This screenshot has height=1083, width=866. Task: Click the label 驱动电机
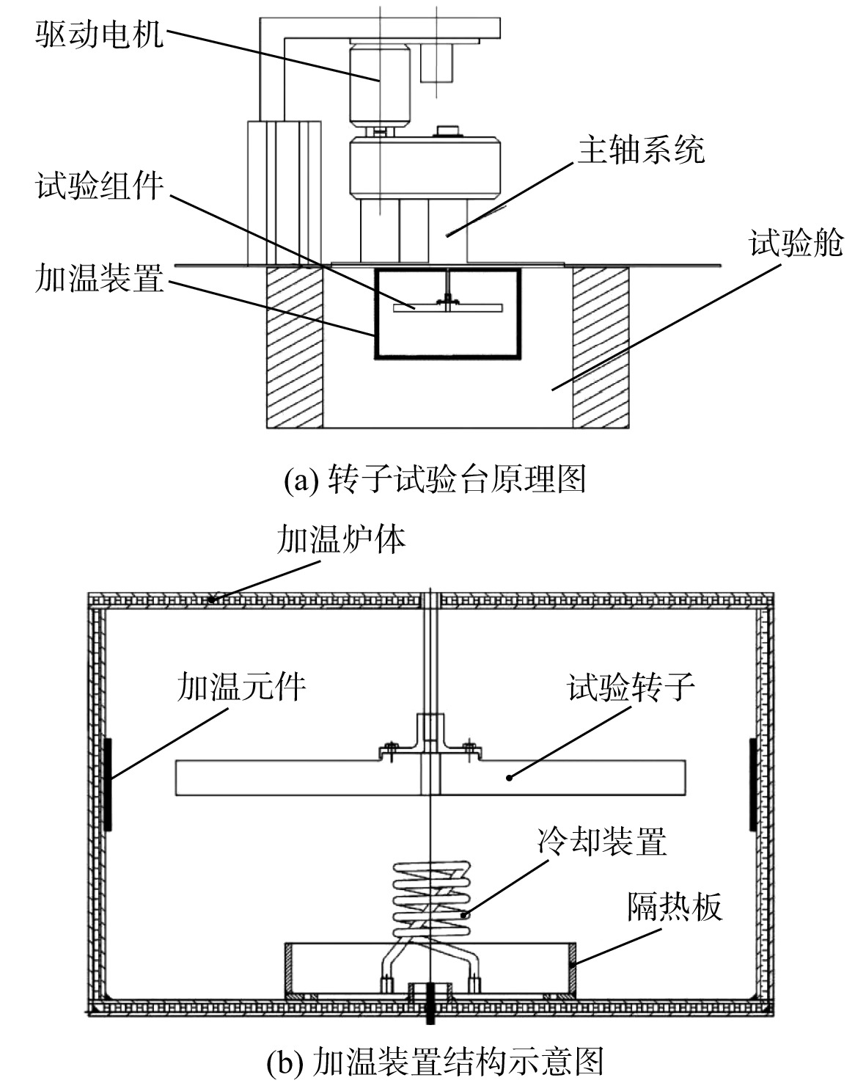coord(100,34)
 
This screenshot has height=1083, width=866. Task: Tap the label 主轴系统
coord(641,150)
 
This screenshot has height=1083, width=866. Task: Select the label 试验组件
coord(100,186)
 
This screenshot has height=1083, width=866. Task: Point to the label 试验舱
coord(796,243)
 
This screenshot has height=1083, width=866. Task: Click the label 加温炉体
coord(341,540)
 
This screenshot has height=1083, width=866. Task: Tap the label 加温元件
coord(241,687)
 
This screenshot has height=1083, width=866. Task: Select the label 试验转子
coord(631,687)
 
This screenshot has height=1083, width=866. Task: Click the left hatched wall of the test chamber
coord(295,347)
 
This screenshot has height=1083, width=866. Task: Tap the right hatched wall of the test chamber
coord(601,347)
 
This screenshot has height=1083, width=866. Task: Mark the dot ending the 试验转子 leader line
coord(509,778)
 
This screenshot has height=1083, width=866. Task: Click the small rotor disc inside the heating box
coord(447,308)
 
